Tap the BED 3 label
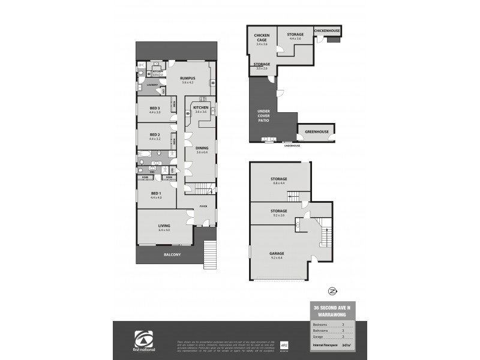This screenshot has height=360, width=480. pyautogui.click(x=154, y=108)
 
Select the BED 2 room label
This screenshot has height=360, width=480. pyautogui.click(x=154, y=134)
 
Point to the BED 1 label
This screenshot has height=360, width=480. pyautogui.click(x=155, y=193)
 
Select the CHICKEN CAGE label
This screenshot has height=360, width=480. pyautogui.click(x=262, y=37)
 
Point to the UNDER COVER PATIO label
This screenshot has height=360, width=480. pyautogui.click(x=263, y=115)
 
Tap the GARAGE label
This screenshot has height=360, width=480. pyautogui.click(x=277, y=253)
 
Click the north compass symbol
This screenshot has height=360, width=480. pyautogui.click(x=331, y=291)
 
